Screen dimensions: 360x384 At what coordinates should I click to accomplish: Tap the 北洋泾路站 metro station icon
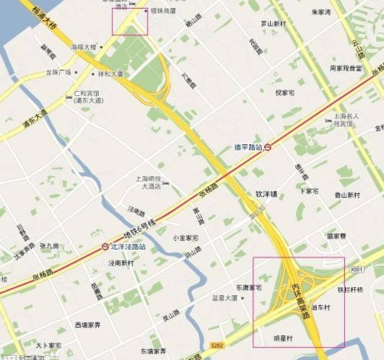(x=106, y=247)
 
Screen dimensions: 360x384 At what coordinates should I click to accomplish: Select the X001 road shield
(x=355, y=270)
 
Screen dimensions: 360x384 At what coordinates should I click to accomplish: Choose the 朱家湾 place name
(x=320, y=12)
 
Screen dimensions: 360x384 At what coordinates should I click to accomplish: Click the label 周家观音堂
(x=345, y=68)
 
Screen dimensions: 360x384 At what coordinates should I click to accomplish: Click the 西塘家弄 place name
(x=88, y=325)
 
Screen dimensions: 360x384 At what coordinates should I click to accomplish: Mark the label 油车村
(x=320, y=307)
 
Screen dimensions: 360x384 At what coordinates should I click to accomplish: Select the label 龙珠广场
(x=58, y=72)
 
